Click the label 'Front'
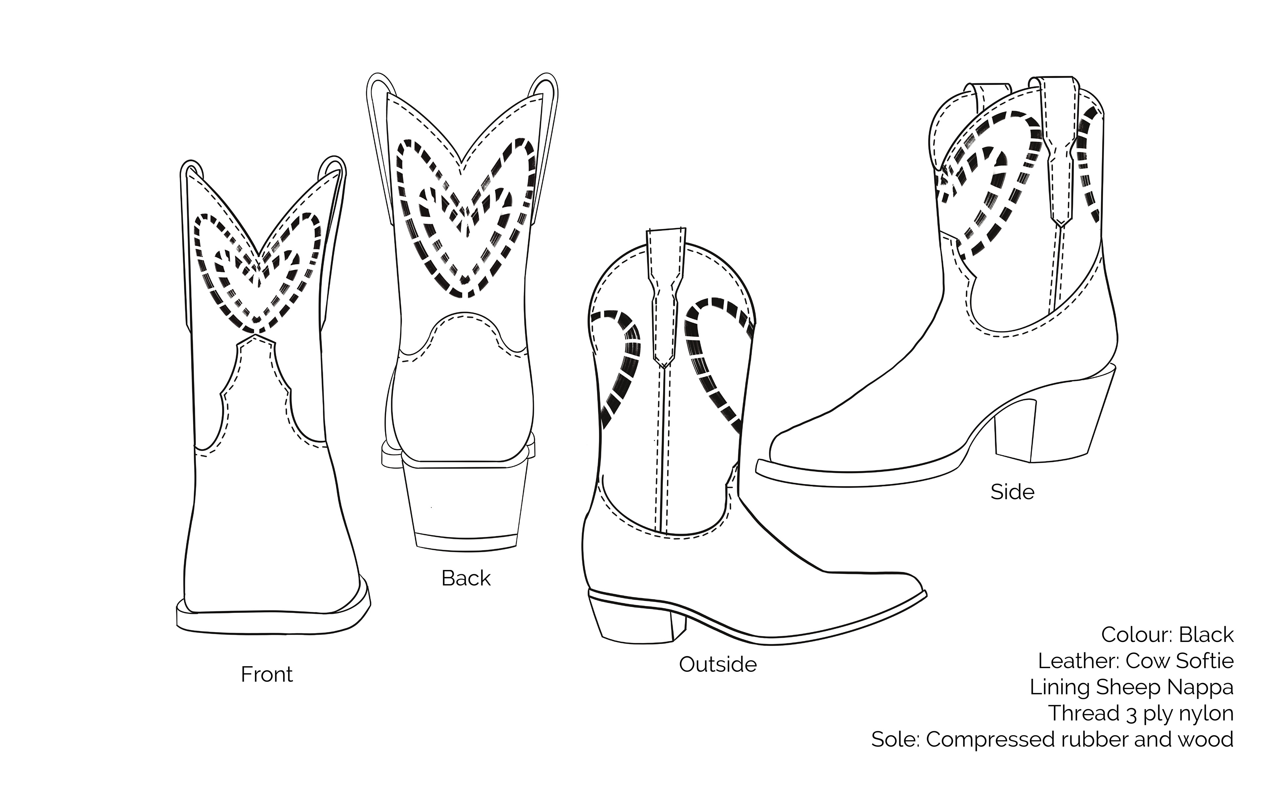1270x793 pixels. click(x=267, y=674)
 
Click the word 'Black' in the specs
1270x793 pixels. click(x=1206, y=635)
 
